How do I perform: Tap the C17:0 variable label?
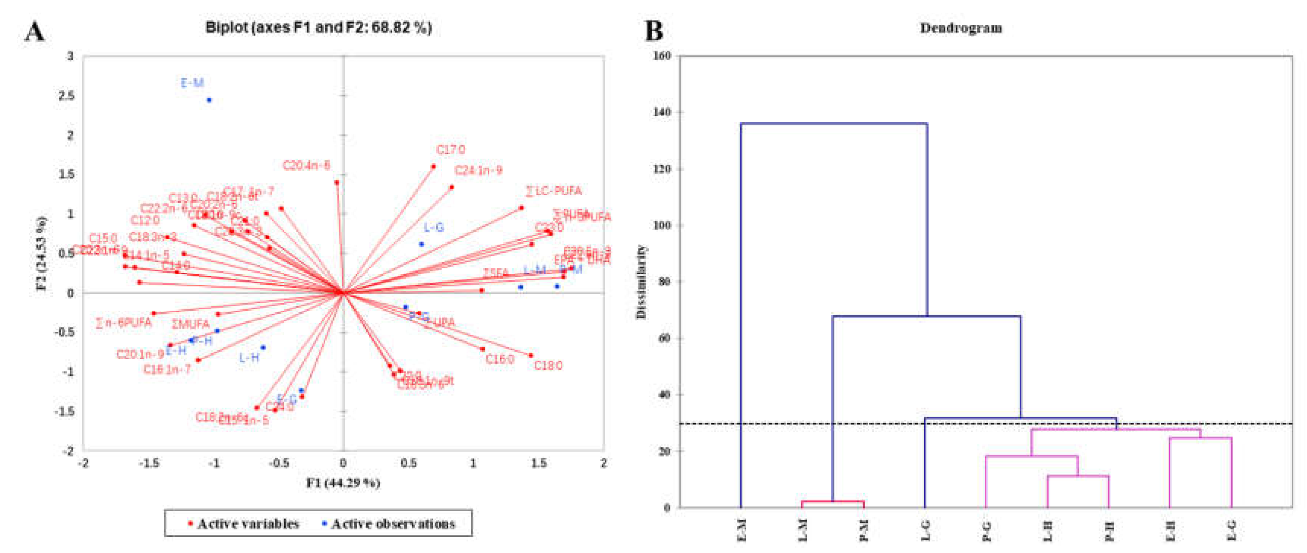451,150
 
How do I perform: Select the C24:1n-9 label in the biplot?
478,170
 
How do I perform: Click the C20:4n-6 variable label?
306,166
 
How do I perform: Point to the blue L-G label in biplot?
434,228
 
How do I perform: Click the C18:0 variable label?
548,366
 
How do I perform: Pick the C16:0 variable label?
500,360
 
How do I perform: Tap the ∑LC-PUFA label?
553,191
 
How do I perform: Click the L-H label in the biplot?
249,358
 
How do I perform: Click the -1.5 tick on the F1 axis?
149,463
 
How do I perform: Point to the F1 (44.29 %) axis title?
343,483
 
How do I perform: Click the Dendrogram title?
961,28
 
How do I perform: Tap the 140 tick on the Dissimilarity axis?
662,112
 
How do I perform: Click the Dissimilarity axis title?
641,282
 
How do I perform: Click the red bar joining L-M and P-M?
832,502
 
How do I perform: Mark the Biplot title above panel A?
318,27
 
